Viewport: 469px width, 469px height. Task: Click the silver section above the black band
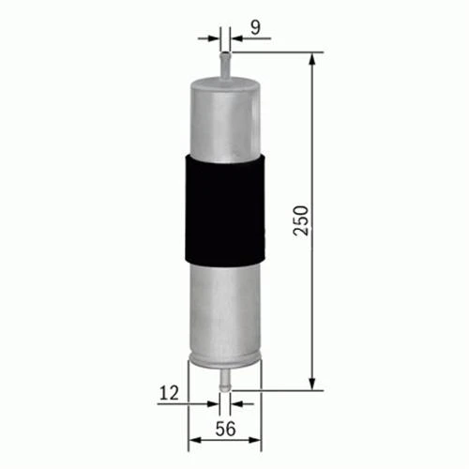click(x=224, y=117)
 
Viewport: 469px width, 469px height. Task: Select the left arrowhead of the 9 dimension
click(x=214, y=38)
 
